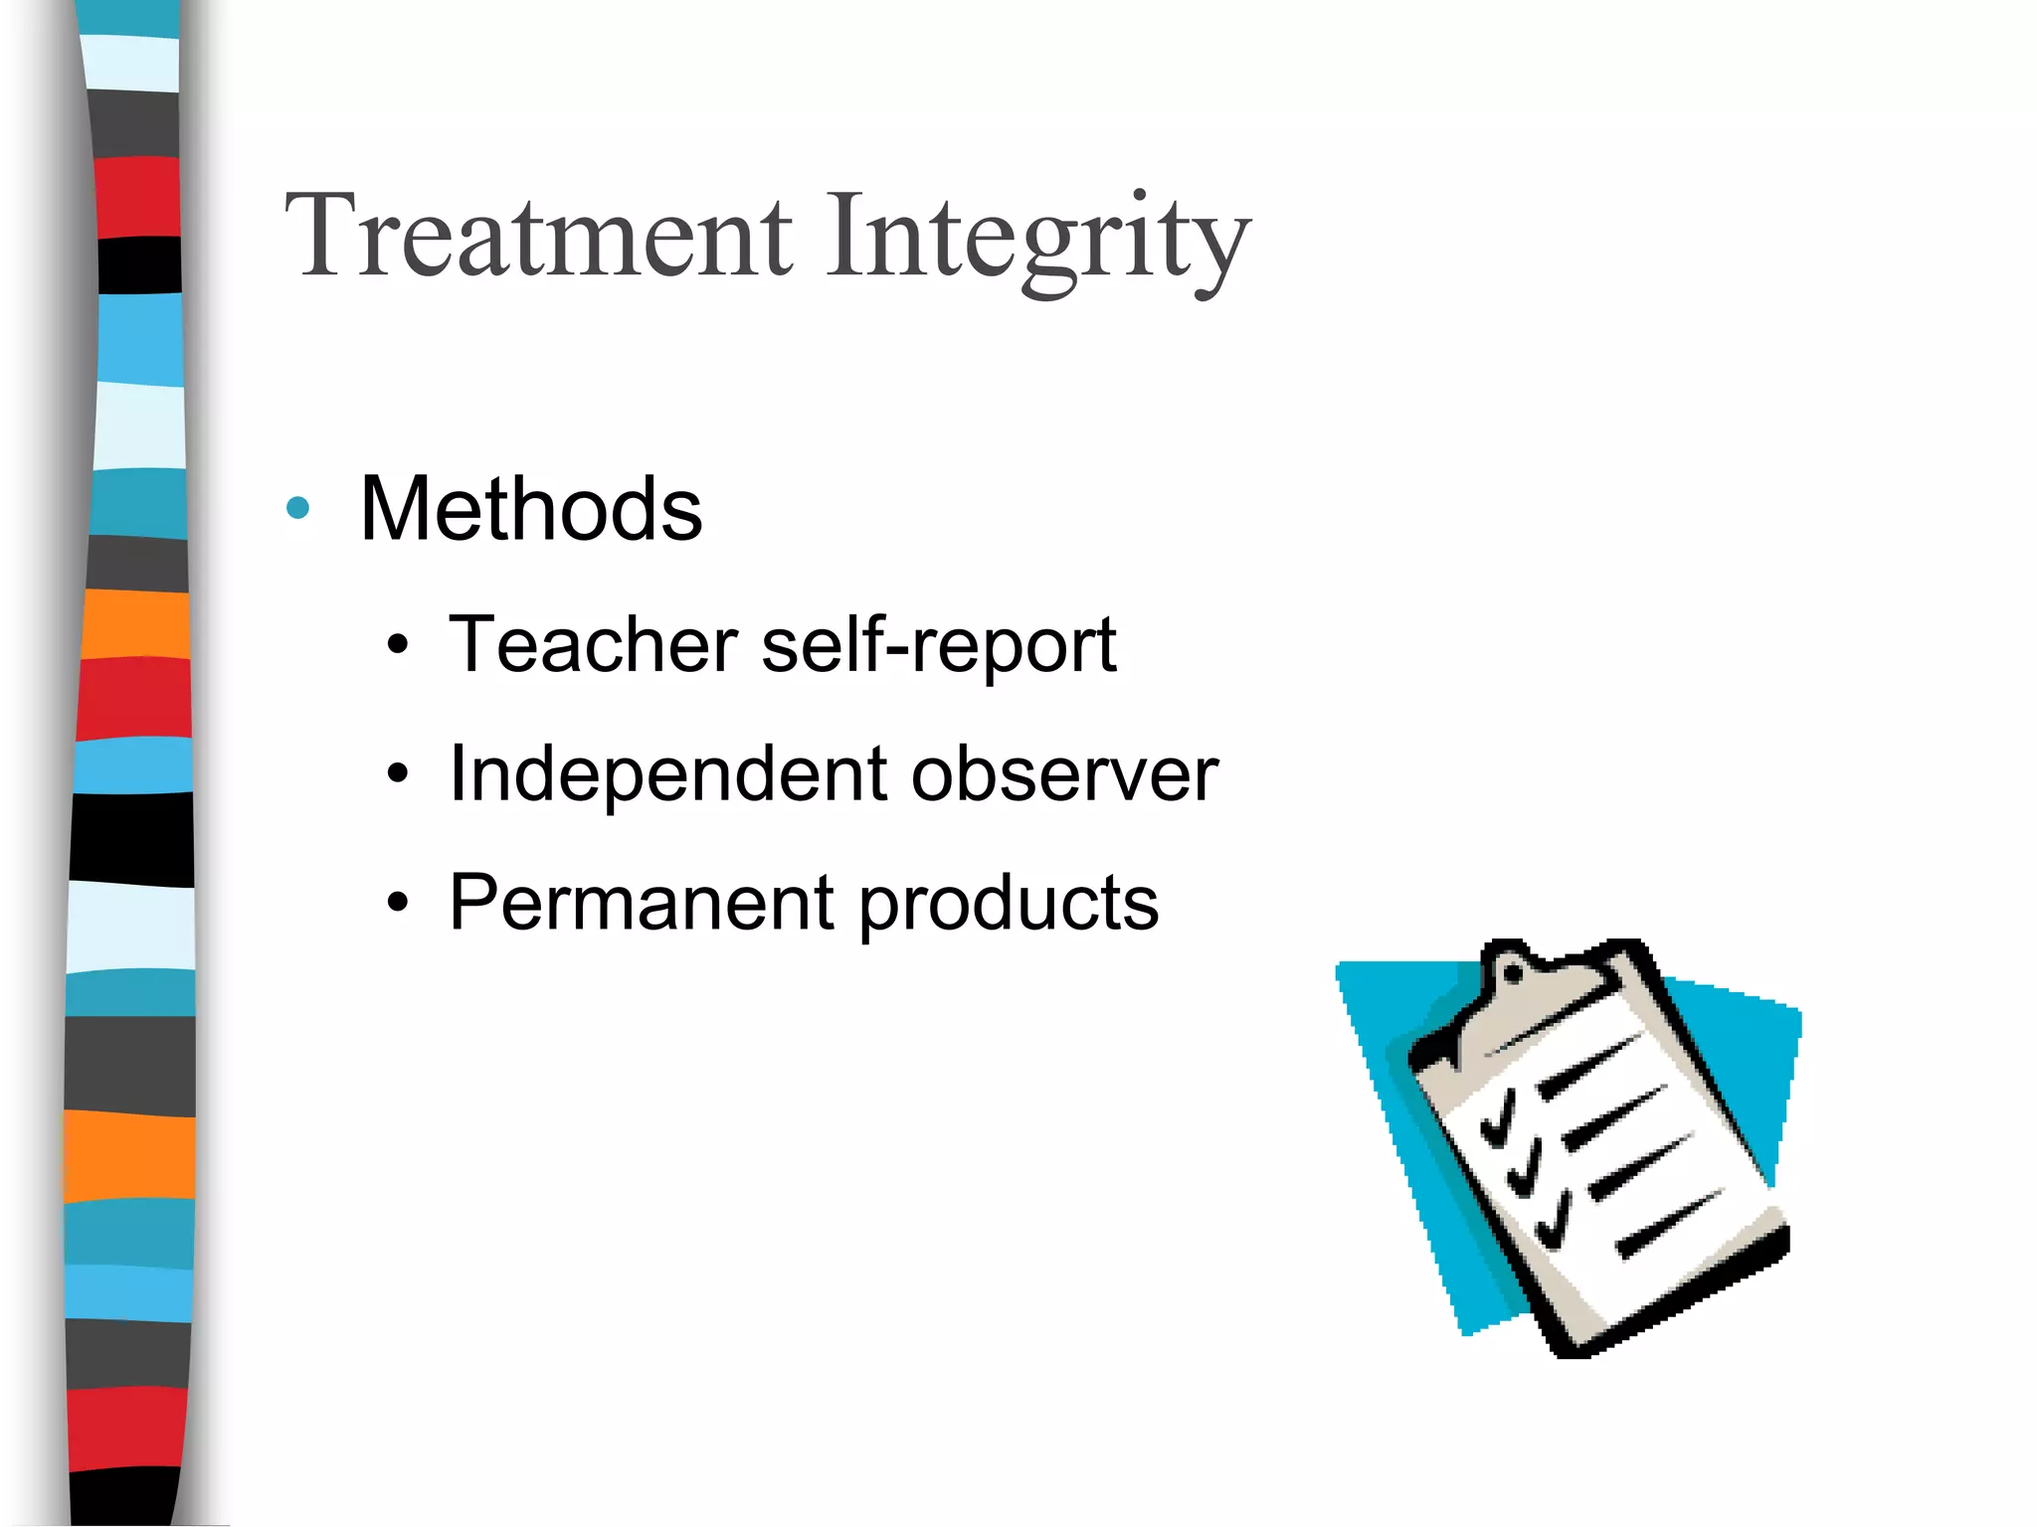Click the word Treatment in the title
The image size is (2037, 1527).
tap(538, 237)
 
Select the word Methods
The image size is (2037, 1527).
tap(531, 509)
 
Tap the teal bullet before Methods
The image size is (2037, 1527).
tap(297, 509)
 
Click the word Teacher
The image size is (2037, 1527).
tap(593, 645)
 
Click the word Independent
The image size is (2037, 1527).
tap(668, 773)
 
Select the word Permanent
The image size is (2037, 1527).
tap(642, 903)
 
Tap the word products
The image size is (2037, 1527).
tap(1009, 905)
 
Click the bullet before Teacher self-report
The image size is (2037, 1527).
tap(398, 647)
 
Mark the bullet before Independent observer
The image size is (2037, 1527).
tap(398, 775)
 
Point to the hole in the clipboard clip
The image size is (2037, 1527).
tap(1512, 973)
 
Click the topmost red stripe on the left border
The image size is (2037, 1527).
tap(138, 197)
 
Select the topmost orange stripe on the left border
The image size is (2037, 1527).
tap(134, 624)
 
